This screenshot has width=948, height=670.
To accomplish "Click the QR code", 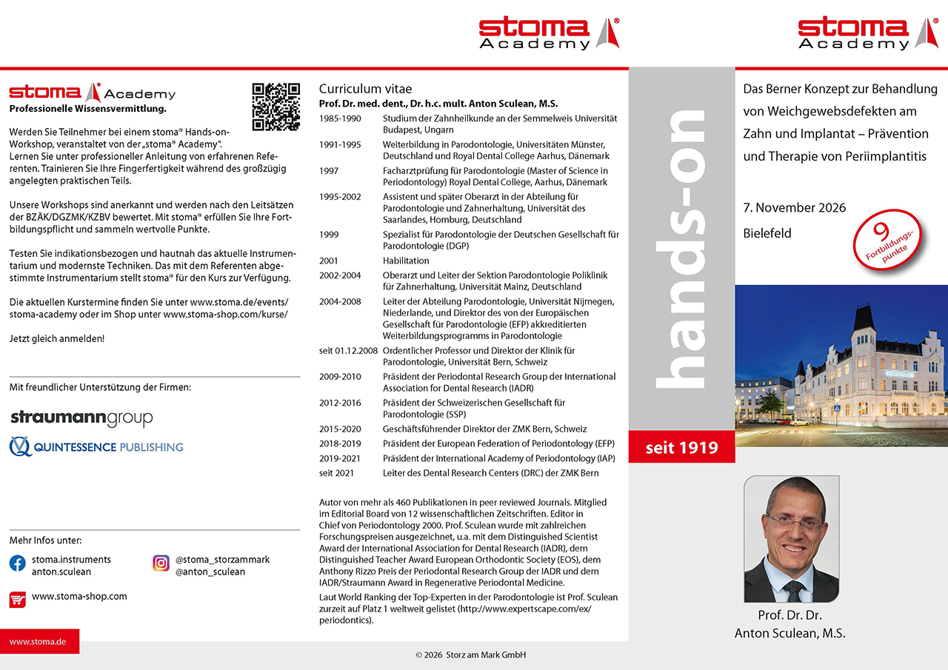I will [x=276, y=107].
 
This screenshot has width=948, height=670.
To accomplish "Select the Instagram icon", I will [x=161, y=563].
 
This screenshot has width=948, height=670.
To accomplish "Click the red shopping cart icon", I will [x=17, y=598].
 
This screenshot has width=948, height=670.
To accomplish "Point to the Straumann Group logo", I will [x=81, y=418].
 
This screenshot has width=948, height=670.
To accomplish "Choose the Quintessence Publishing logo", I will [x=96, y=447].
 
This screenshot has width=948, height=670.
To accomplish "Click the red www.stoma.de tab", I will [x=38, y=642].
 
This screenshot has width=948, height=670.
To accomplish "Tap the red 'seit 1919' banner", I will [x=681, y=448].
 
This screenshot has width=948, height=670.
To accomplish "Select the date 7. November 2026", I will [x=794, y=207].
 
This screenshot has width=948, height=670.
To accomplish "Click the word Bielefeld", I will [x=767, y=233].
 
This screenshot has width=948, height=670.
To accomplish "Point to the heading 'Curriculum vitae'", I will [x=365, y=89].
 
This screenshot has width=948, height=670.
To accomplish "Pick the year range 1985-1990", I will [x=340, y=118].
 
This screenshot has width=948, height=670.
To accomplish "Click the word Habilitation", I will [x=406, y=261].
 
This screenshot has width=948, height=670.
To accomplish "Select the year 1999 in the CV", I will [x=329, y=235].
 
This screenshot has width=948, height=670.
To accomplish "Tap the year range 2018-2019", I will [x=340, y=443].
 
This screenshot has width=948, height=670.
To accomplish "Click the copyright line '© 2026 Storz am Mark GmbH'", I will [x=471, y=655].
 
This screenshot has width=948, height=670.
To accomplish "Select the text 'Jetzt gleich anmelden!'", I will [x=57, y=338].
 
